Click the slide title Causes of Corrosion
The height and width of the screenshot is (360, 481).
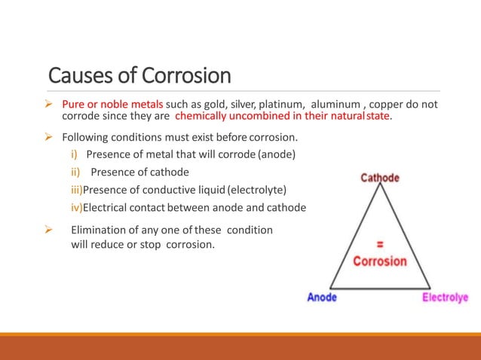(139, 75)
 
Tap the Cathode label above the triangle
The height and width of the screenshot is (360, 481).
(380, 178)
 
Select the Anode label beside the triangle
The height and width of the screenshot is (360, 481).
(322, 297)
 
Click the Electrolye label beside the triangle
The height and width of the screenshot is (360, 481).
(445, 297)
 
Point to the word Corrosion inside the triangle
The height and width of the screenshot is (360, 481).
(380, 261)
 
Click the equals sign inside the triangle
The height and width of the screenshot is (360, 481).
(380, 244)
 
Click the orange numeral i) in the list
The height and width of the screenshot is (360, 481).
(74, 155)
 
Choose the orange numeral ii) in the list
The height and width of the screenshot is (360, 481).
(75, 172)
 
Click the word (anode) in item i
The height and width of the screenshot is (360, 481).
(277, 155)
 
